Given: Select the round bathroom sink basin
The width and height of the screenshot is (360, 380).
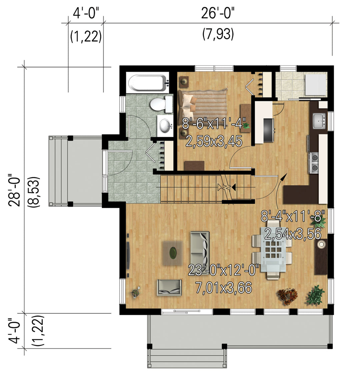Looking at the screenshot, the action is [165, 126].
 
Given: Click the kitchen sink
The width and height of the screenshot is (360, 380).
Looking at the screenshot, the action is [319, 121].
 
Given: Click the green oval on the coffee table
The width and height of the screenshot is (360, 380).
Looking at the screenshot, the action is [173, 253].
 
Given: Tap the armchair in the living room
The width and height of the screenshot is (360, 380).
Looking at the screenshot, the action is [170, 287].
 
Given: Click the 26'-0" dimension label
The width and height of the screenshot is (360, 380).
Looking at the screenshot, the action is [218, 13].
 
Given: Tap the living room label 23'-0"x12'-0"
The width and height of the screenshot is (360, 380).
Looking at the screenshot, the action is [223, 270].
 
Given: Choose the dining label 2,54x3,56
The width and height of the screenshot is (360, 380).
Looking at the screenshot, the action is [293, 234].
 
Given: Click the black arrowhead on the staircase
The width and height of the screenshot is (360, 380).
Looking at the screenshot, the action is [234, 187].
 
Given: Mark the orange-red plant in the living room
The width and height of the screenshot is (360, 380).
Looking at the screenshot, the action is [288, 296].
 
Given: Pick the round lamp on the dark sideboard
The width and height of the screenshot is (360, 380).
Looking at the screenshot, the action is [321, 244].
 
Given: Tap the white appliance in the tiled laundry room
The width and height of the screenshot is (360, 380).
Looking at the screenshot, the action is [316, 85].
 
